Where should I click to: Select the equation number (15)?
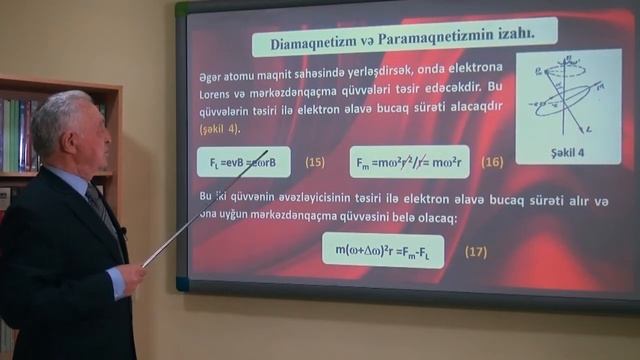pos(315,161)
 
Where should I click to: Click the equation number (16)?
pos(492,161)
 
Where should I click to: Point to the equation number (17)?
pos(476,251)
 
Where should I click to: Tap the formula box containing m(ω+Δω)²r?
pos(383,250)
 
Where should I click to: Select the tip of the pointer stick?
pos(267,152)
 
